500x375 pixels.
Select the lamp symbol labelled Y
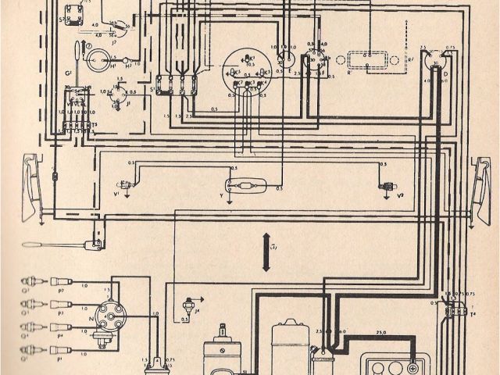247,186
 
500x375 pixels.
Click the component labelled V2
383,187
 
